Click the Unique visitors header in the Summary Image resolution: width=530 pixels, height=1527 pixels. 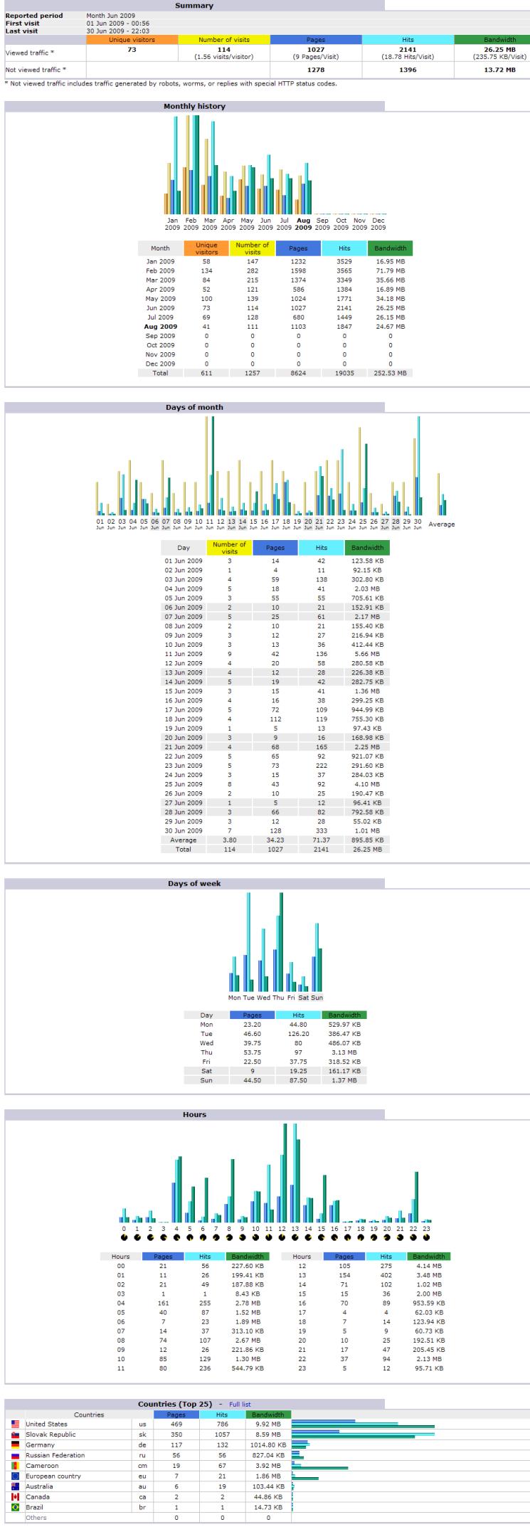point(132,40)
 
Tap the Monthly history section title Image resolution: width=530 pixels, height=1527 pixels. point(194,106)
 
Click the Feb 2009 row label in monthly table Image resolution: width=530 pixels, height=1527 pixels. point(160,271)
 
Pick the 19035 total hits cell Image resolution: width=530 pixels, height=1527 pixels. point(344,373)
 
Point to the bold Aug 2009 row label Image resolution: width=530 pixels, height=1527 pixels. point(160,327)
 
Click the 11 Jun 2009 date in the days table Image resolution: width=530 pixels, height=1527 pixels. point(184,654)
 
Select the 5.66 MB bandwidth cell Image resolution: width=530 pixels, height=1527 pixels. point(367,654)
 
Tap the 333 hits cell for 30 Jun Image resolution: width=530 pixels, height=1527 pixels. point(321,830)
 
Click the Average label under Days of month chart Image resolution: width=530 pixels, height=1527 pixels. point(441,524)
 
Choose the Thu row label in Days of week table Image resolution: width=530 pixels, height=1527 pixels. point(206,1052)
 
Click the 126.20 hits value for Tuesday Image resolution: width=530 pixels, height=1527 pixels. point(298,1033)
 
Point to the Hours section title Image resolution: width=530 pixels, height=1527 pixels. point(194,1114)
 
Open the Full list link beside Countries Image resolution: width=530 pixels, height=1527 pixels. point(240,1404)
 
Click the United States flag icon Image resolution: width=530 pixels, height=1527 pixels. point(15,1424)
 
